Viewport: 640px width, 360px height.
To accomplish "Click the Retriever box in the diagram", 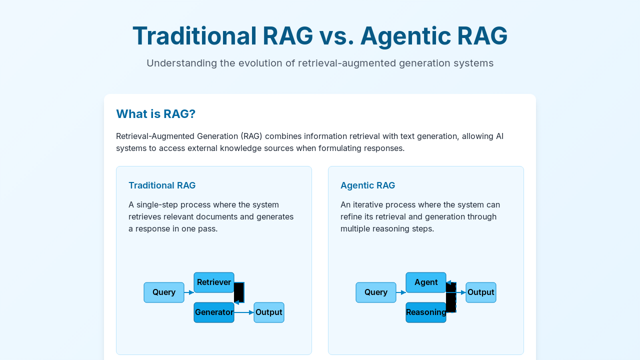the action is click(x=214, y=282).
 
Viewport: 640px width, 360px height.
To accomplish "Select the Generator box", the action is click(x=214, y=312).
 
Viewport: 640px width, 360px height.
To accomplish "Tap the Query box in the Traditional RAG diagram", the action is click(x=164, y=292).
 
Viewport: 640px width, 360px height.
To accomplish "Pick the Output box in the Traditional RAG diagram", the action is click(x=269, y=312).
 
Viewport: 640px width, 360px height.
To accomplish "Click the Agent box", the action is click(x=426, y=282).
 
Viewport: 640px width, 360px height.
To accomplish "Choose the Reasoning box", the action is click(x=426, y=312).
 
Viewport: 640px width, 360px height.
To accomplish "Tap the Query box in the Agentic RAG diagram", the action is click(x=376, y=292).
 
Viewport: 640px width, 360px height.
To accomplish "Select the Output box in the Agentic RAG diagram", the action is click(x=481, y=292).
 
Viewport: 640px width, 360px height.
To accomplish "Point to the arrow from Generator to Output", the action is click(x=244, y=312).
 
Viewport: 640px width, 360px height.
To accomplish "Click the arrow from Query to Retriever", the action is click(x=189, y=292).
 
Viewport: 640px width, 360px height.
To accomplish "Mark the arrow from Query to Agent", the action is click(x=401, y=292).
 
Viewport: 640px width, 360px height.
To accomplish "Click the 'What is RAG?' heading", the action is click(x=155, y=113).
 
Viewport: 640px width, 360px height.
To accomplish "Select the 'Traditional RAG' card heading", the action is click(x=162, y=185).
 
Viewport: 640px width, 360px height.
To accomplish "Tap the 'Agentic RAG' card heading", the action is click(x=367, y=185).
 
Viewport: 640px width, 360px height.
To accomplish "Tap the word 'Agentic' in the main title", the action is click(x=405, y=36).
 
